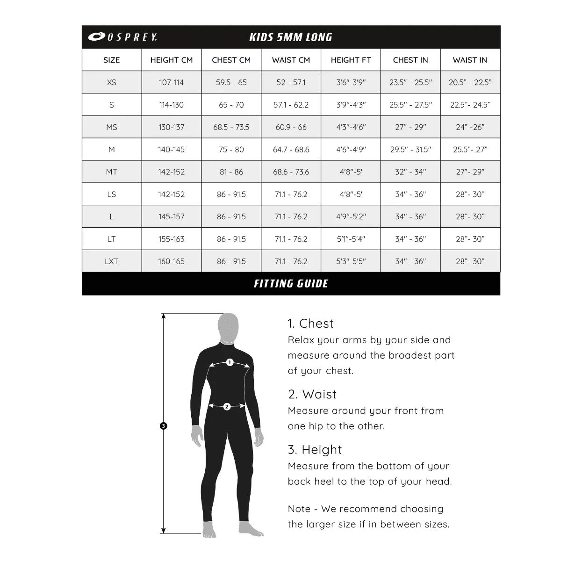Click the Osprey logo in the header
pos(122,37)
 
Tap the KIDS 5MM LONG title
pos(291,37)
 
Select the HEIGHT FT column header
pos(351,60)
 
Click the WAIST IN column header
pos(470,60)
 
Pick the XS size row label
pos(111,82)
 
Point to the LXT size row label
pos(111,261)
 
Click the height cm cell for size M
pos(171,150)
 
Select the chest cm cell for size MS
pos(231,127)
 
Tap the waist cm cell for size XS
pos(291,82)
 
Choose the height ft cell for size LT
pos(351,239)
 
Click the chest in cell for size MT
pos(410,172)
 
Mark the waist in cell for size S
pos(470,105)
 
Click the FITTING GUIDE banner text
pos(291,284)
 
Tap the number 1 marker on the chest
pos(230,362)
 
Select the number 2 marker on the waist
pos(227,407)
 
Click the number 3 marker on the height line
pos(163,426)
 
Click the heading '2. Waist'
pos(312,395)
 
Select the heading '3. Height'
pos(315,450)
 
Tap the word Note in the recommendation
pos(299,509)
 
